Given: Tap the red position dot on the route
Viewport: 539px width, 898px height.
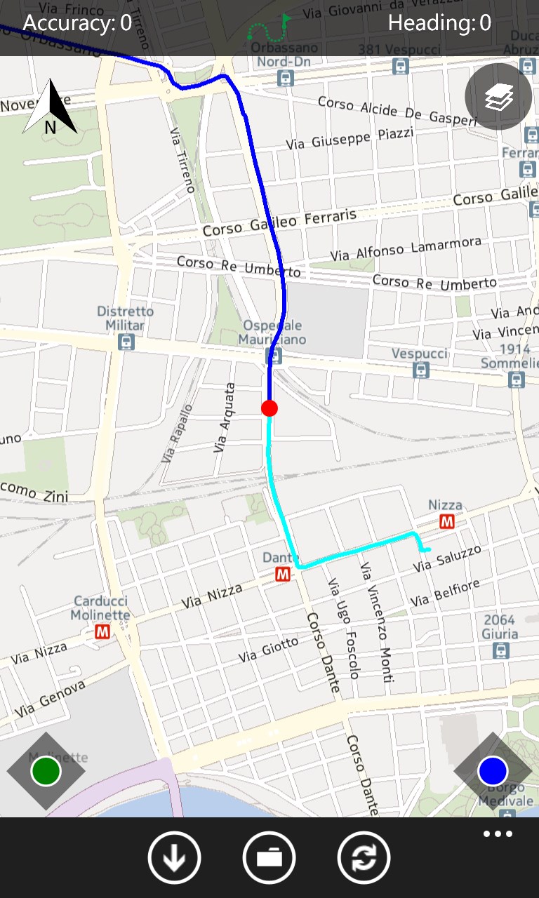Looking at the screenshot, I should coord(269,408).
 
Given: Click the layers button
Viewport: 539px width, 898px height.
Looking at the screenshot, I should coord(498,97).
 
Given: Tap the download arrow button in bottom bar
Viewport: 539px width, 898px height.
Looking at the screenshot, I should coord(174,857).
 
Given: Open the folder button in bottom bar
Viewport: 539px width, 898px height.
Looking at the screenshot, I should coord(269,857).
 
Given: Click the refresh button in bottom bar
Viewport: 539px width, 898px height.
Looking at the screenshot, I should coord(364,857).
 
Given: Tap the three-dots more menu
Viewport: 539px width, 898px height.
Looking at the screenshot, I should coord(498,834).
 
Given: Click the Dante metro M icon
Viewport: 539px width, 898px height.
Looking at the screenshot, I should coord(284,575).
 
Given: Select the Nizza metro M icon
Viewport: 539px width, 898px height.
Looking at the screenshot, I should coord(446,521).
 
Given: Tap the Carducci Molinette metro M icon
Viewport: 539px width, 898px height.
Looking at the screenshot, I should coord(102,632).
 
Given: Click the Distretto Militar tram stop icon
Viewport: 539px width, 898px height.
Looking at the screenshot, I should coord(126,342).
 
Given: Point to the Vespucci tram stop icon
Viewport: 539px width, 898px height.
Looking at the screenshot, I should coord(420,370).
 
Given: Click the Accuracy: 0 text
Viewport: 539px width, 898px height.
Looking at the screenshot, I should coord(77,23).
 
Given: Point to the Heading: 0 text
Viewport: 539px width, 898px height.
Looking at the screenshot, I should coord(439,23).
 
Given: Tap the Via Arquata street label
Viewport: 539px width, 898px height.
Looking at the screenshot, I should coord(224,417).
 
